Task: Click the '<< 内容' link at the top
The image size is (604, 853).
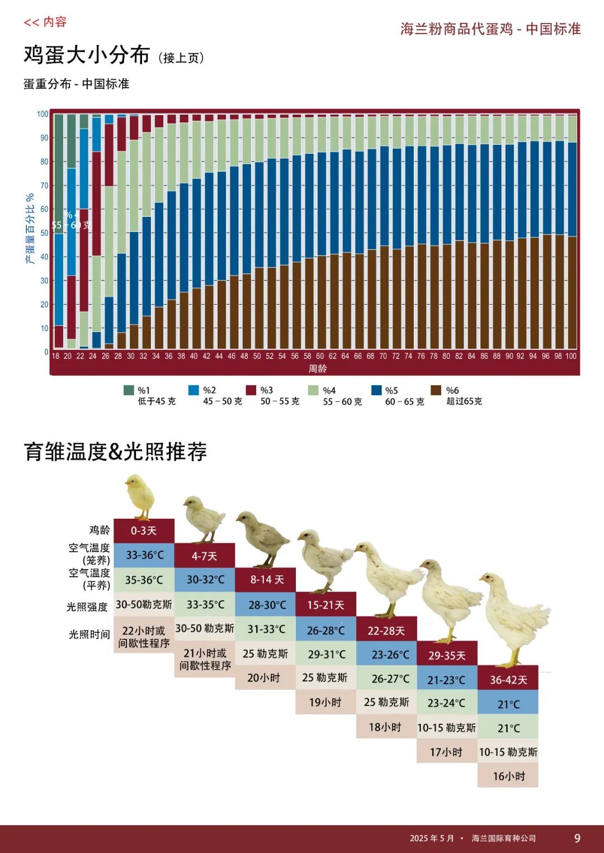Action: pyautogui.click(x=45, y=22)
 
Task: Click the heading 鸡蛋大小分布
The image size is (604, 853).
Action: pyautogui.click(x=87, y=55)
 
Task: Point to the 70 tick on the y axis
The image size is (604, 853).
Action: pyautogui.click(x=44, y=186)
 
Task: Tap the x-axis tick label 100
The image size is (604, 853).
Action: pyautogui.click(x=570, y=356)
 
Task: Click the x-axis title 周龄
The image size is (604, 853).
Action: pyautogui.click(x=317, y=368)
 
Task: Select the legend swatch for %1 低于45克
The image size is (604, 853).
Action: pyautogui.click(x=129, y=390)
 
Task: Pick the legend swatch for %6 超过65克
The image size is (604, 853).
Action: pyautogui.click(x=436, y=390)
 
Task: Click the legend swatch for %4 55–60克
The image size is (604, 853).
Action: pyautogui.click(x=313, y=390)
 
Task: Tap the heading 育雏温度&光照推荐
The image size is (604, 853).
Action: pyautogui.click(x=115, y=452)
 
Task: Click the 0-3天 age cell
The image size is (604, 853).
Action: pyautogui.click(x=144, y=530)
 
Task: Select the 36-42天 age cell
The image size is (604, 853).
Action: pyautogui.click(x=508, y=680)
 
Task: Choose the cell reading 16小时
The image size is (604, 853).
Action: pyautogui.click(x=508, y=776)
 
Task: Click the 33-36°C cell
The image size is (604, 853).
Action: pyautogui.click(x=144, y=555)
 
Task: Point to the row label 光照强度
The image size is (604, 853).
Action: pyautogui.click(x=88, y=606)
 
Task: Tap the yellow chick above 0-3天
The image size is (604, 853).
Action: pyautogui.click(x=140, y=495)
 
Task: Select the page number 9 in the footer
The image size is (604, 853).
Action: pyautogui.click(x=577, y=838)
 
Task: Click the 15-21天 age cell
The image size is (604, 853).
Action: pyautogui.click(x=325, y=605)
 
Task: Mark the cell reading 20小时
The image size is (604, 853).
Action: pyautogui.click(x=264, y=678)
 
